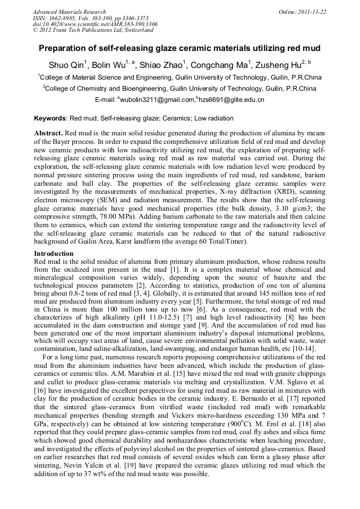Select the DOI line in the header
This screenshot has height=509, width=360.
coord(95,24)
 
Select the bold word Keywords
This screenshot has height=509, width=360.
coord(50,118)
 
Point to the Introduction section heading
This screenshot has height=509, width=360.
coord(54,254)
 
